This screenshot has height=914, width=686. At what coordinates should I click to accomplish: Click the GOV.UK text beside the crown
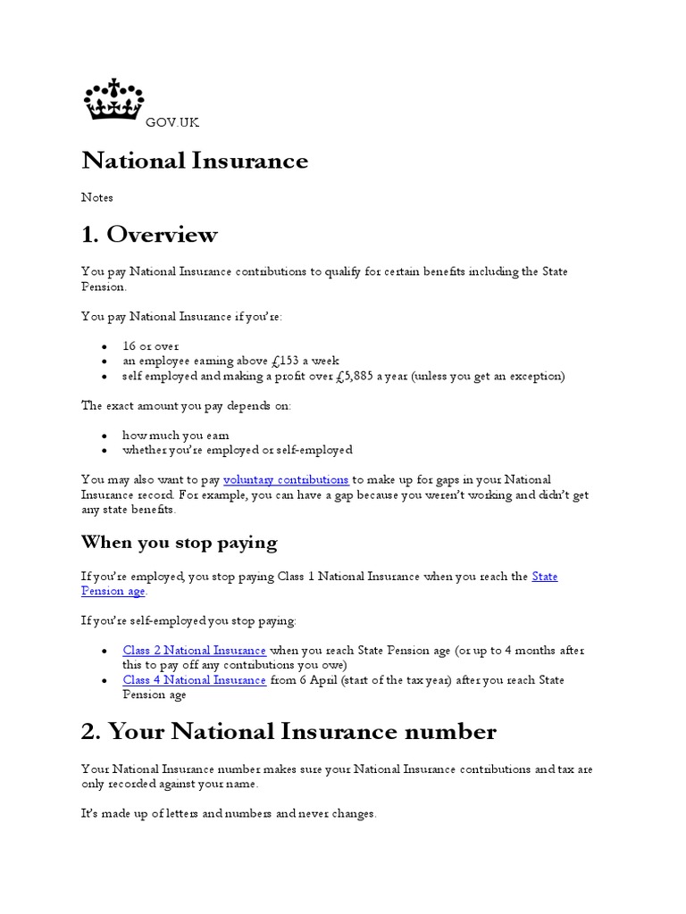pos(172,122)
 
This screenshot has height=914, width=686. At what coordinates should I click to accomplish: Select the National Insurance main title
pos(195,161)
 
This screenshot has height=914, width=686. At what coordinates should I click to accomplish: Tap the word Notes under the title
pos(97,197)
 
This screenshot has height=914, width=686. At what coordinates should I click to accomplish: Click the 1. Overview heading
pos(149,235)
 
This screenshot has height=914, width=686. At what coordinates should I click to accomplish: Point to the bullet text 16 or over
pos(150,346)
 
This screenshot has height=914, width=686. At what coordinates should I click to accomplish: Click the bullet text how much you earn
pos(176,436)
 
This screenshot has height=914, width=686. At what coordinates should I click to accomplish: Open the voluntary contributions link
pos(286,480)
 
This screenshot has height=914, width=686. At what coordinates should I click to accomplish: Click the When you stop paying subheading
pos(179,543)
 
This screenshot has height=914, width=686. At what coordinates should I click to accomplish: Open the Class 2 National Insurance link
pos(194,651)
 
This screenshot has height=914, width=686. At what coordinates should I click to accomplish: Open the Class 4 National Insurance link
pos(194,680)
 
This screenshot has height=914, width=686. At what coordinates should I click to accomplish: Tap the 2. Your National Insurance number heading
pos(289,732)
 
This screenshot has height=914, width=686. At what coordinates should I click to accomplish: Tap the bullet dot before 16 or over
pos(104,346)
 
